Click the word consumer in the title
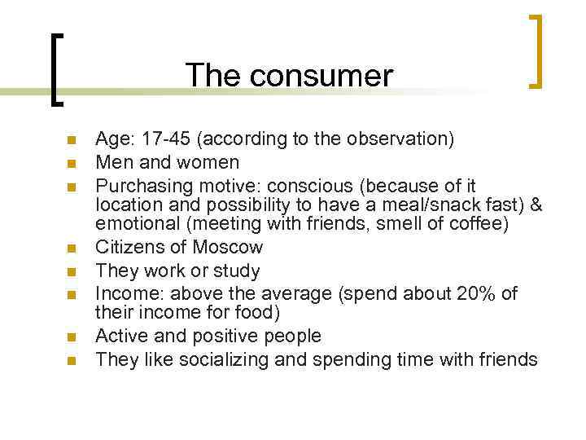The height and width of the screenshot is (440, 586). click(321, 76)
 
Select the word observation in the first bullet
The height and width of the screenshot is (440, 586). click(399, 139)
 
